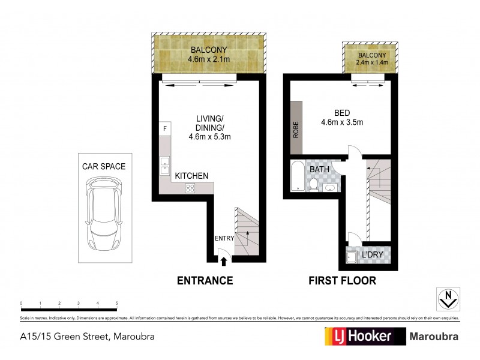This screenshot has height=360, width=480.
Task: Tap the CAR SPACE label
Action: point(104,166)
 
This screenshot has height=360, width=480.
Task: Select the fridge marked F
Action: point(164,129)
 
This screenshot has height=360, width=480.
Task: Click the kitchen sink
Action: point(164,166)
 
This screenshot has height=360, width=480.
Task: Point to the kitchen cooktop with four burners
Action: point(190,188)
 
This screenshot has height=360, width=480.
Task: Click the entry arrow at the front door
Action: point(224,260)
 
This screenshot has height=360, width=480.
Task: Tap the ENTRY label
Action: point(224,238)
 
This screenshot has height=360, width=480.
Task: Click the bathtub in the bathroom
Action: point(296,176)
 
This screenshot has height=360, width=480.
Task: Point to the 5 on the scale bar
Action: point(116,304)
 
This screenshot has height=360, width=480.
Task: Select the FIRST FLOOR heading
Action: point(342,280)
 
